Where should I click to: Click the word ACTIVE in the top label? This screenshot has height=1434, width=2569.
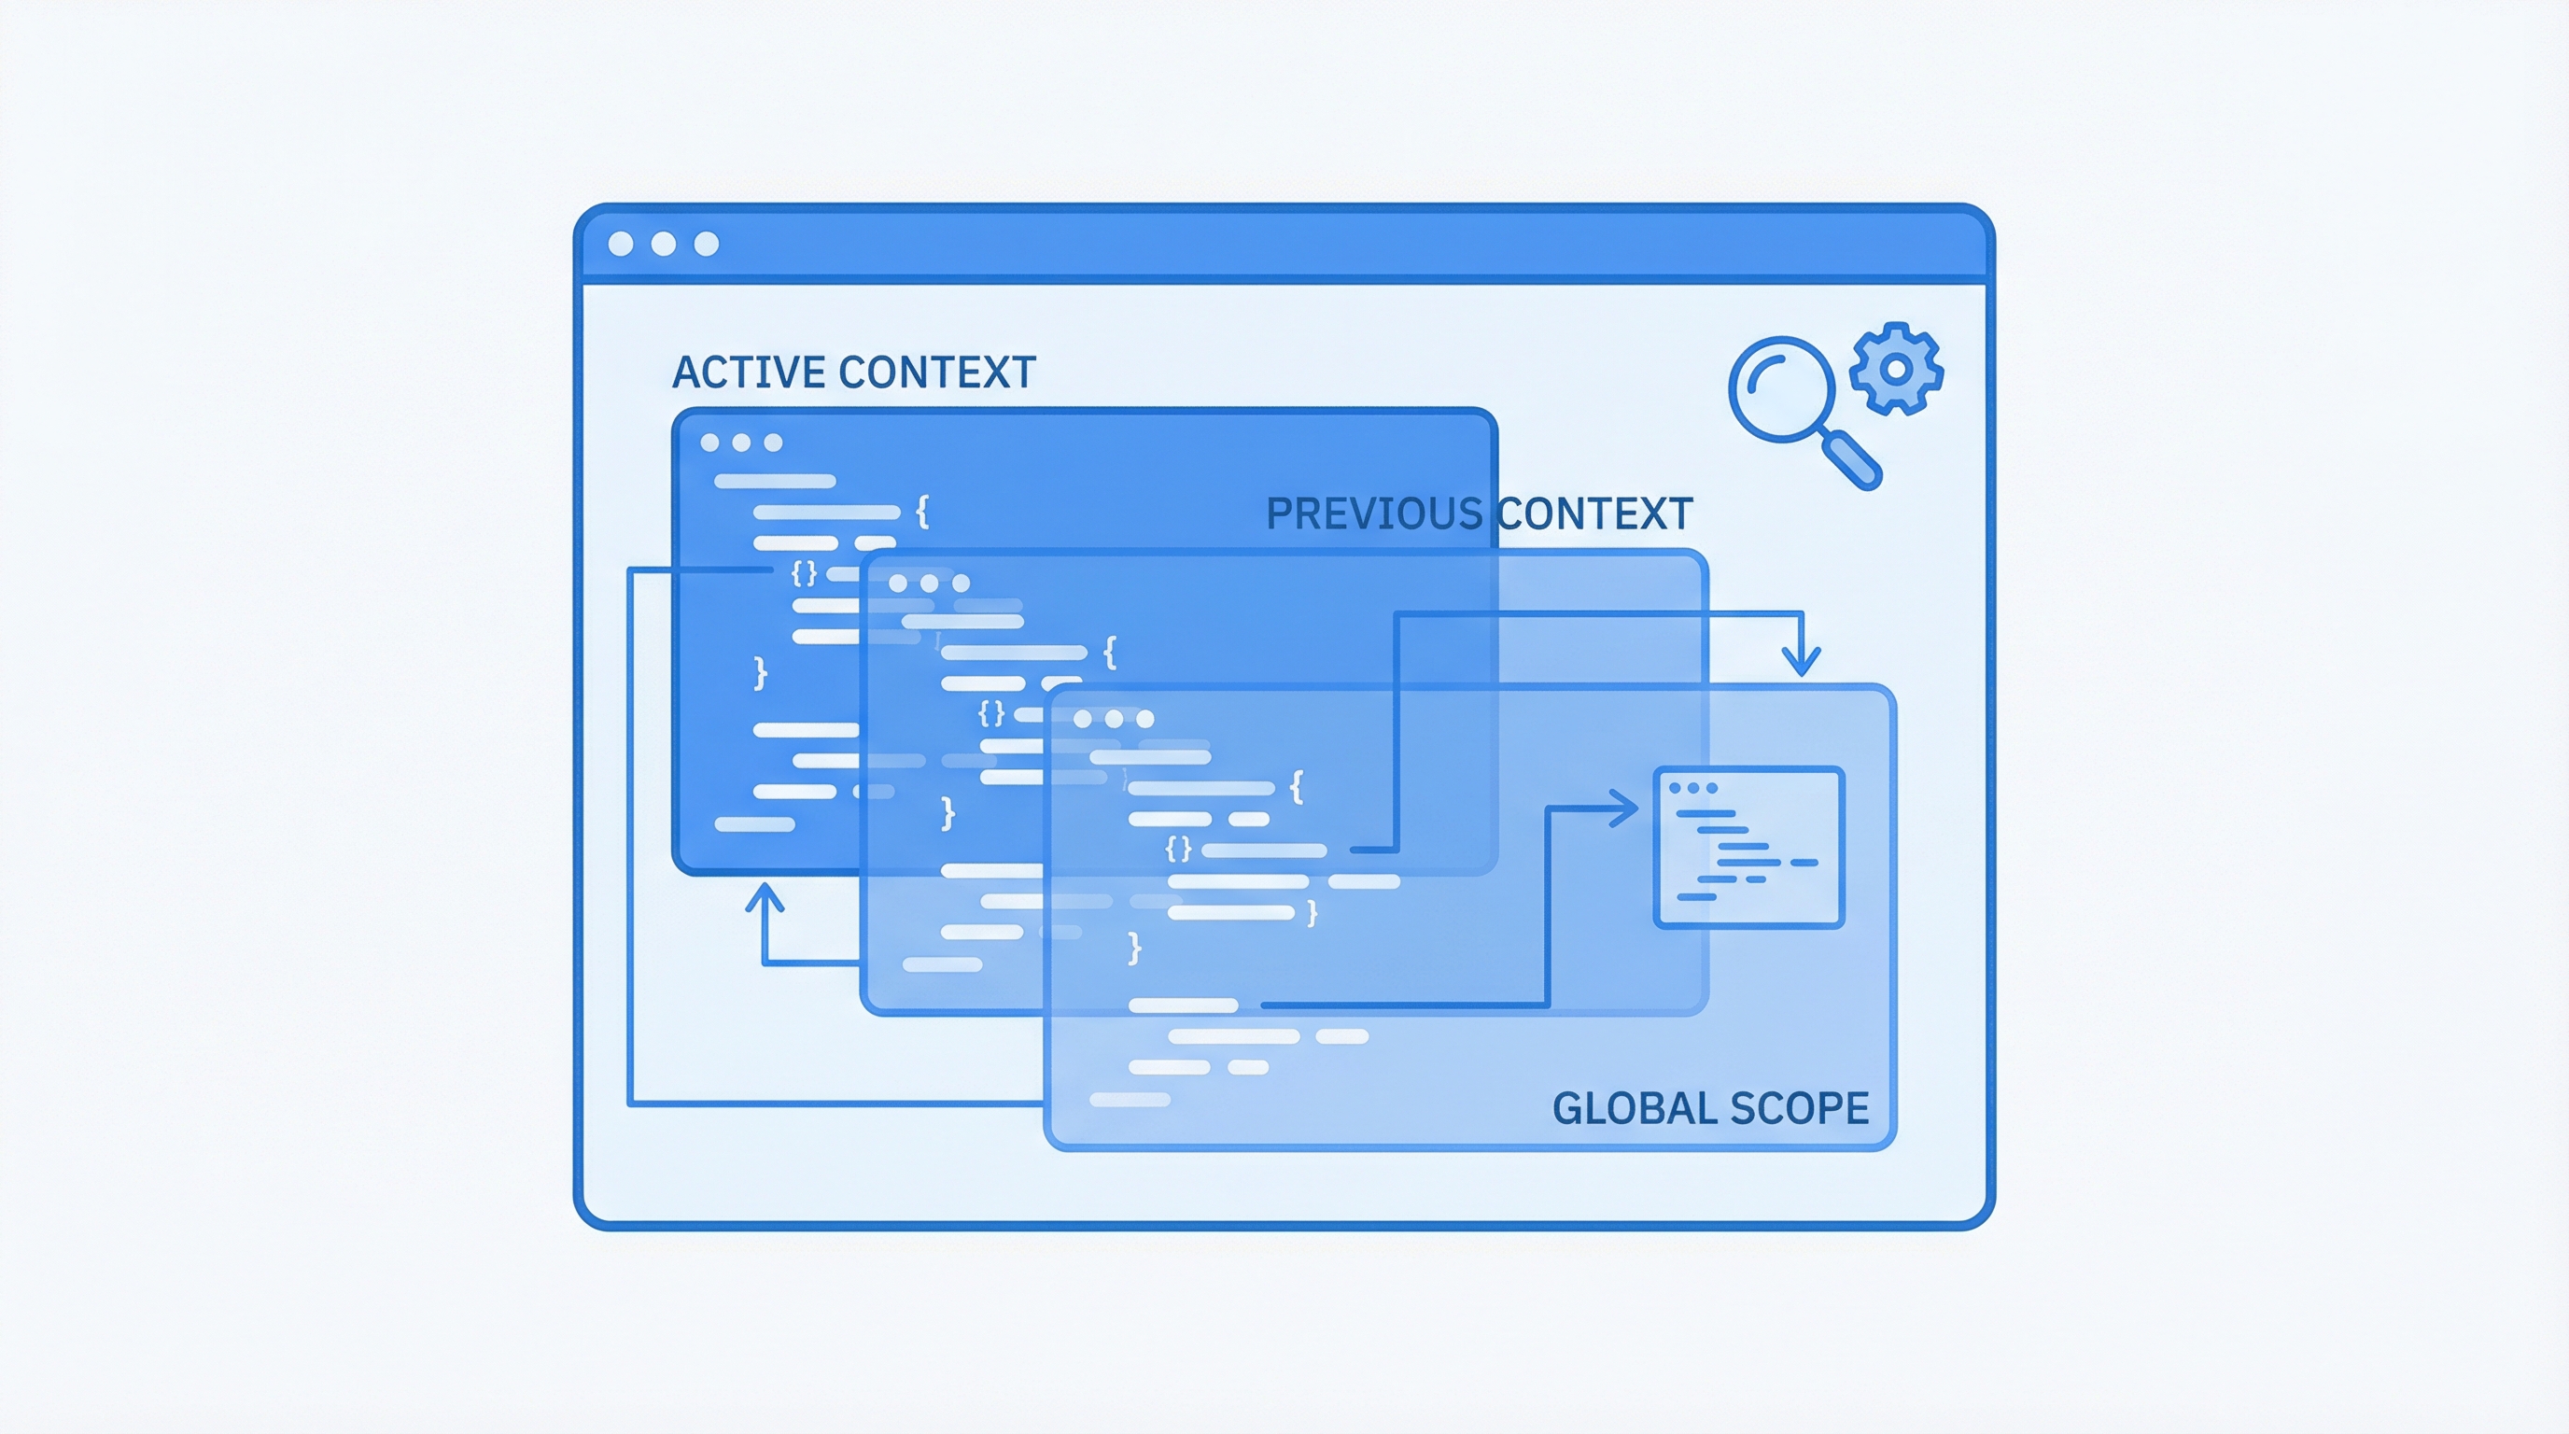click(x=750, y=372)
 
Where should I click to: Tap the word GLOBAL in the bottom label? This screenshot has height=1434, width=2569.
click(x=1633, y=1108)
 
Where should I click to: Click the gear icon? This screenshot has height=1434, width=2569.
click(x=1896, y=368)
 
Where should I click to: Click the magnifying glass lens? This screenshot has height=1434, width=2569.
click(x=1782, y=389)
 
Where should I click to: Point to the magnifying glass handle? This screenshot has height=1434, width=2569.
click(x=1852, y=460)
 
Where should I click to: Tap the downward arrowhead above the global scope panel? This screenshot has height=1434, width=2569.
click(x=1801, y=661)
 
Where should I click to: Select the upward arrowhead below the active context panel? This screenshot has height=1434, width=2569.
click(x=765, y=896)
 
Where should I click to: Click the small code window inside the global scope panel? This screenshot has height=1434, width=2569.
click(x=1749, y=848)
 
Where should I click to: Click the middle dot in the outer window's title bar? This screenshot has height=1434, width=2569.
click(x=663, y=244)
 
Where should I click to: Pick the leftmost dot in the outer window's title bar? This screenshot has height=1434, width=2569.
click(x=620, y=244)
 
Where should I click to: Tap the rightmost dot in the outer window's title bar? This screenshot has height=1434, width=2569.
click(x=706, y=244)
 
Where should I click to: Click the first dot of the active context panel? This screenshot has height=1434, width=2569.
click(x=710, y=443)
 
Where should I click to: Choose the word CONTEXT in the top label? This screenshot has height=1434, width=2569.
click(x=937, y=372)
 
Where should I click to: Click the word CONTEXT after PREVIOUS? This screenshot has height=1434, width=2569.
click(x=1594, y=513)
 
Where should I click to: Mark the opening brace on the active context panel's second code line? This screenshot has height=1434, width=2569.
click(x=922, y=512)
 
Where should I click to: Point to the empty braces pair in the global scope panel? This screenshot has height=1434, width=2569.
click(x=1179, y=849)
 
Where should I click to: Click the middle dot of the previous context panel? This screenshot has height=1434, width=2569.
click(x=930, y=583)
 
